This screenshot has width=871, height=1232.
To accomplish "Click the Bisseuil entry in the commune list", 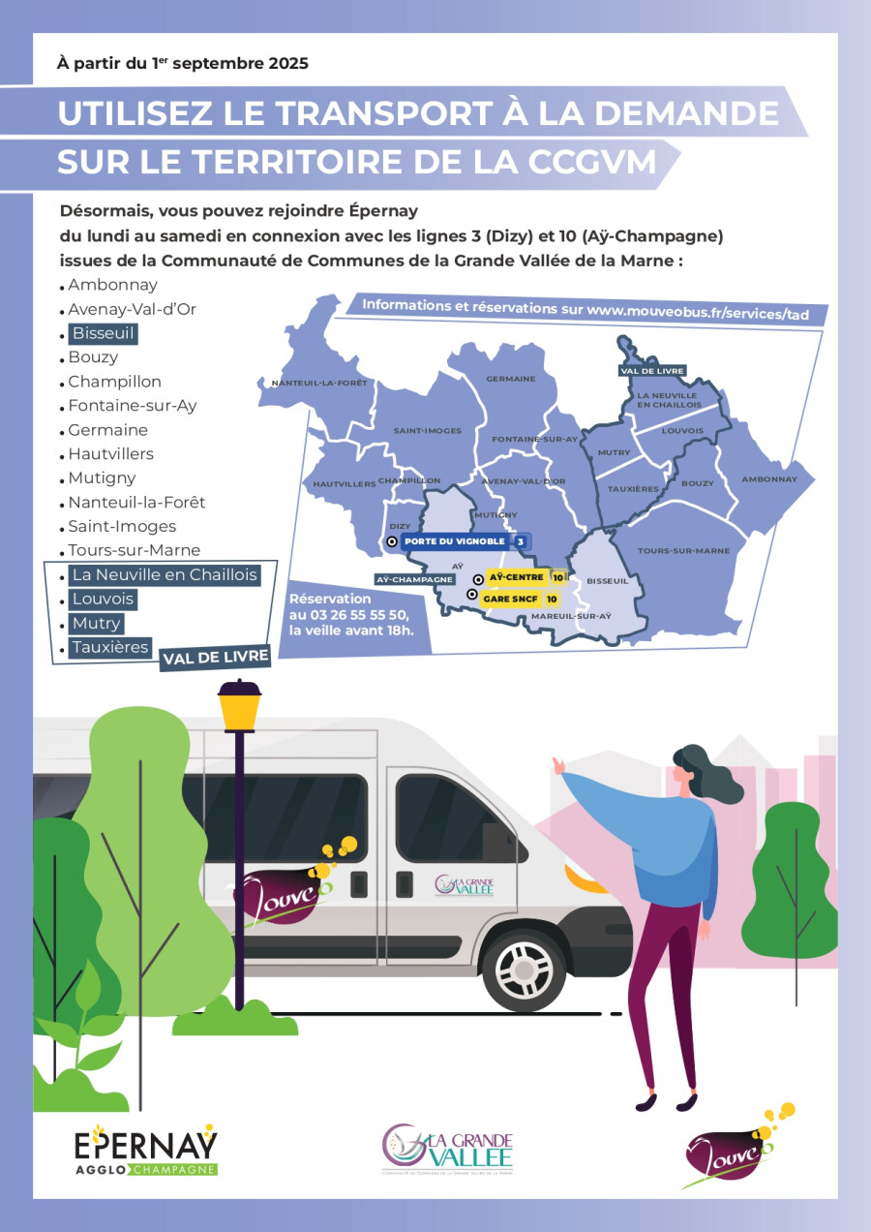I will tap(102, 333).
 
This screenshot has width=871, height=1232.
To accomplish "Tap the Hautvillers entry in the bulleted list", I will tap(110, 454).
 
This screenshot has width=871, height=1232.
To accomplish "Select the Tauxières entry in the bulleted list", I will tap(109, 647).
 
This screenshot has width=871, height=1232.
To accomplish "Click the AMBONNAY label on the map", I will tap(769, 479).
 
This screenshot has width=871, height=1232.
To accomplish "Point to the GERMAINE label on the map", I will tap(510, 379).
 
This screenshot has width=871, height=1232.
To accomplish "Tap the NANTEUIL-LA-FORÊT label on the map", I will tap(319, 383).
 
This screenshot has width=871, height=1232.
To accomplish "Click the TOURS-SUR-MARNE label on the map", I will tap(683, 550).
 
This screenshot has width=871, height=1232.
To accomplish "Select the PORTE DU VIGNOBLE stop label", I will tap(455, 541).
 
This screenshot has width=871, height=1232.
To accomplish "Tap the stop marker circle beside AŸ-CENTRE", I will tap(477, 578).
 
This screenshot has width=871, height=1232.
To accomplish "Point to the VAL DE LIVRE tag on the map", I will tap(652, 370).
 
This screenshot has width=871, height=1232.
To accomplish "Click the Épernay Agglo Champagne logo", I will tap(146, 1151).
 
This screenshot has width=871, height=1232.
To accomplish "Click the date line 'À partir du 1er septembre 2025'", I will tap(184, 64).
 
